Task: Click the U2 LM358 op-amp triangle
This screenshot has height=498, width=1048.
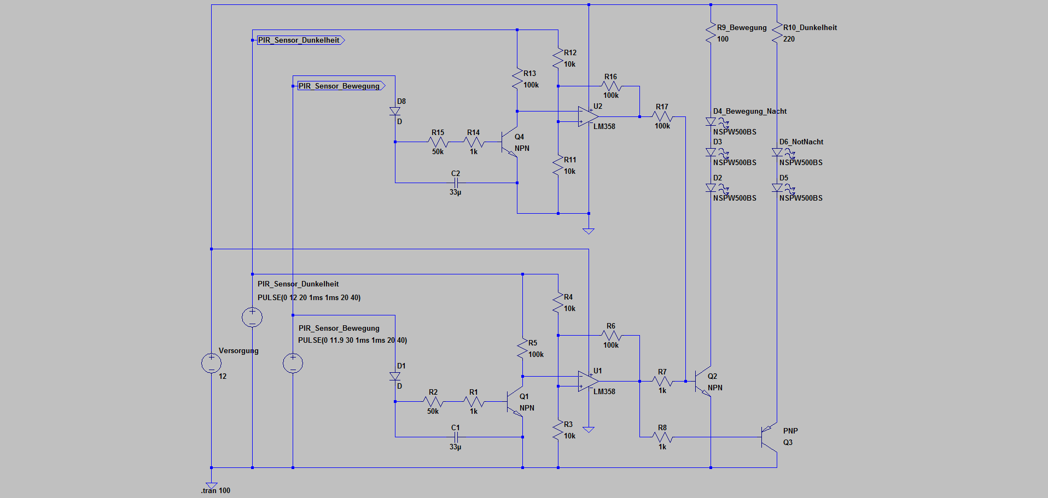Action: [x=587, y=116]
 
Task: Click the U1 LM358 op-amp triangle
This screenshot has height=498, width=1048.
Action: [x=587, y=381]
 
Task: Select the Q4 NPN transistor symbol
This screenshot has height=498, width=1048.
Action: [x=509, y=142]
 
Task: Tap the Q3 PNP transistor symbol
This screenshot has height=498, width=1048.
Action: [x=768, y=437]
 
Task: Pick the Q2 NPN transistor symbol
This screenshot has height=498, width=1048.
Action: [x=703, y=381]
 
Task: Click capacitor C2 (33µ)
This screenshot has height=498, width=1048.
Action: [x=456, y=183]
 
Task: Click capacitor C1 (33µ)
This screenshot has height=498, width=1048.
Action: [x=456, y=437]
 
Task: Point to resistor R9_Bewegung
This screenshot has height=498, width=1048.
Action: [x=711, y=33]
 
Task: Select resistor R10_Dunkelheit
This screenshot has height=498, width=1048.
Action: [x=777, y=33]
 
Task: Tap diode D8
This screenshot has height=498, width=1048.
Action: [x=395, y=111]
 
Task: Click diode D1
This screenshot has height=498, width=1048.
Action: [x=395, y=376]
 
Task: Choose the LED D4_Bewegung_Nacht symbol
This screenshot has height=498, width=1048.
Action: [x=711, y=121]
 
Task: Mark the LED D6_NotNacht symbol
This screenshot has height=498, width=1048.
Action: [x=777, y=152]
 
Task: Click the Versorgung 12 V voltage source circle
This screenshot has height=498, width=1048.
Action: [x=211, y=363]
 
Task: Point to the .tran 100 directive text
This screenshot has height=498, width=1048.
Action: [x=216, y=490]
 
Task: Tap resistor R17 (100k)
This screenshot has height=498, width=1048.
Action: [x=662, y=116]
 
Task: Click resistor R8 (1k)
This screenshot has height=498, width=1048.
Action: [x=662, y=437]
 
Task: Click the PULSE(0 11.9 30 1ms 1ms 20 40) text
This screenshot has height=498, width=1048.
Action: [x=352, y=340]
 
